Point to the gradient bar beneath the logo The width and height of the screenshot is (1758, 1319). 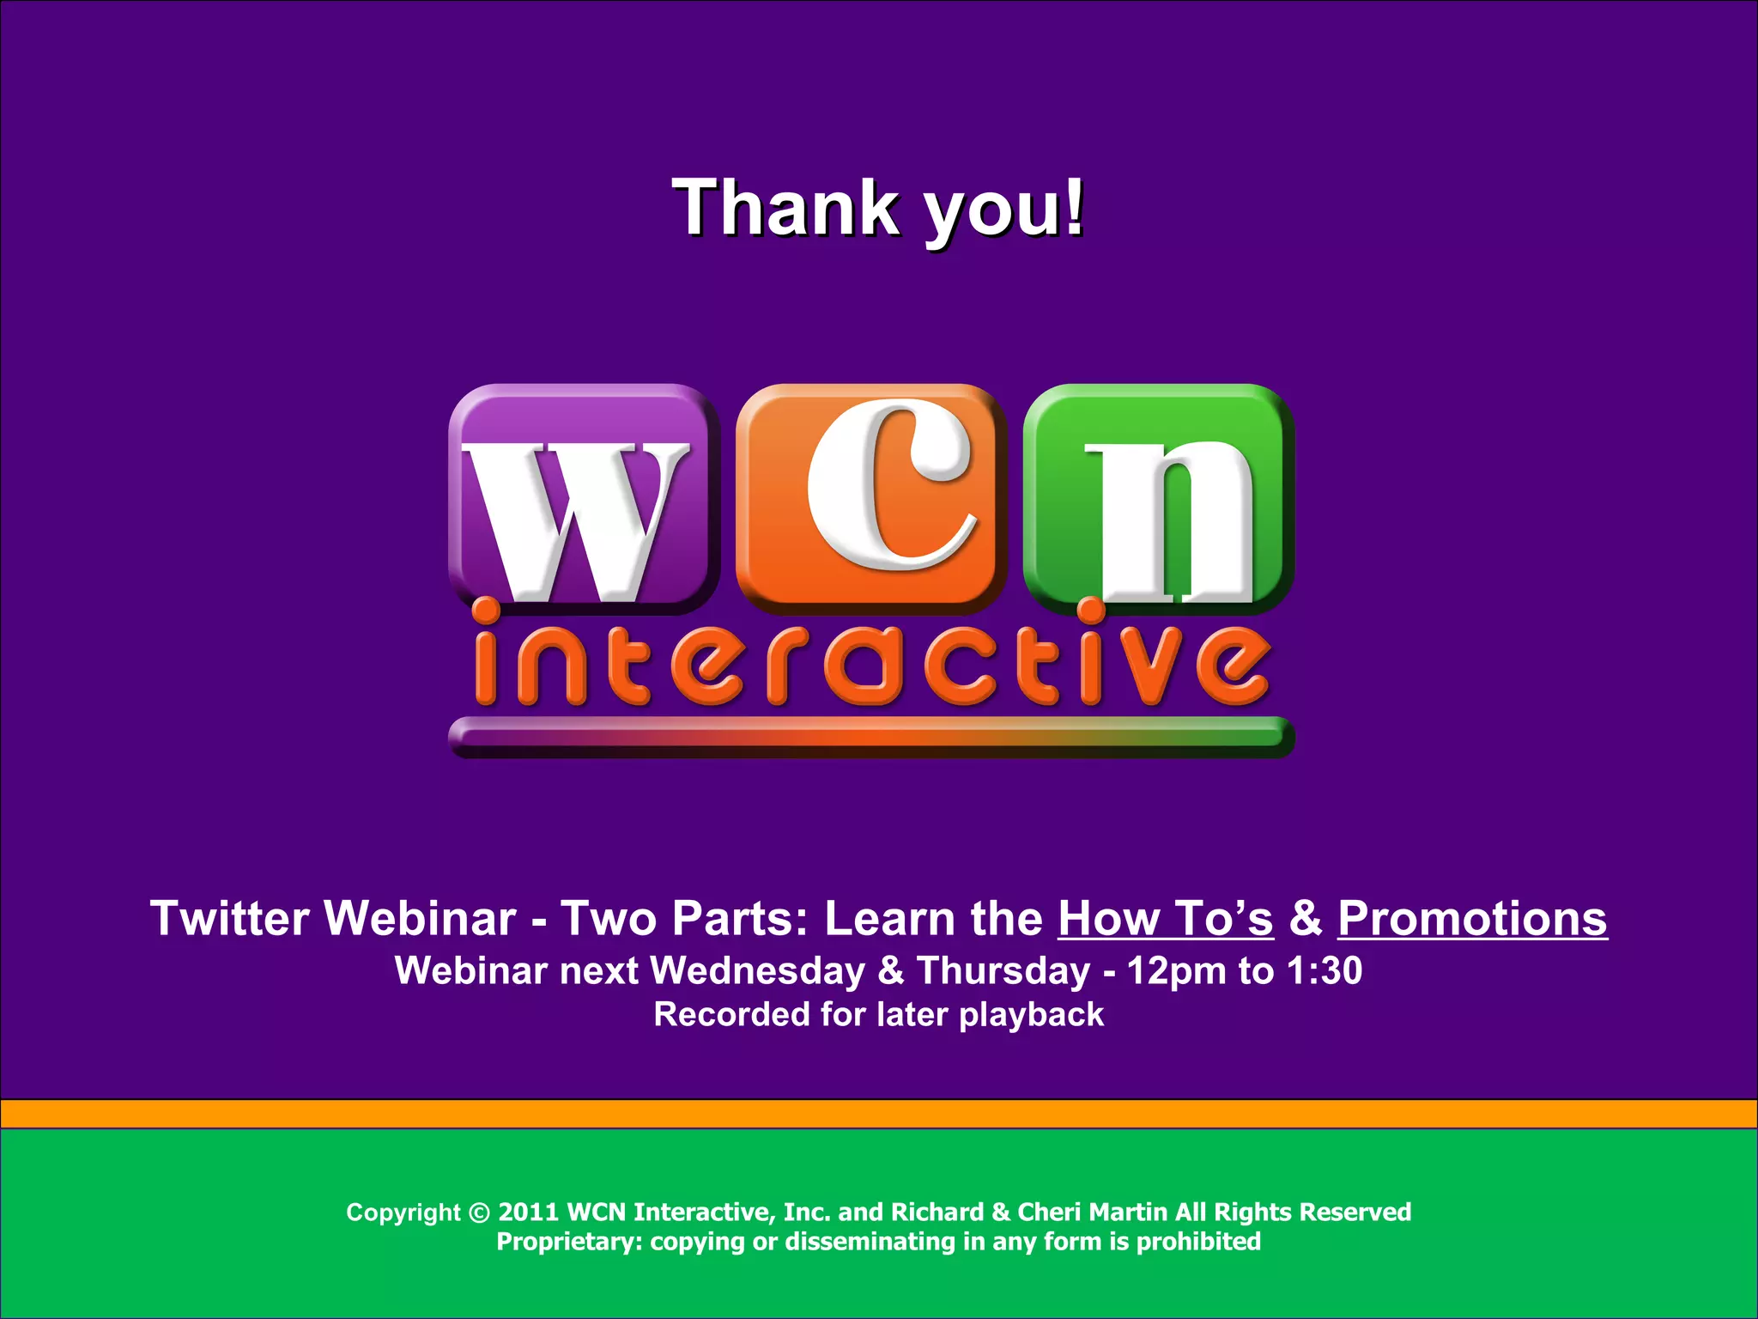[870, 737]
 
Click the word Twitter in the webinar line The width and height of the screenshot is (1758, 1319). [230, 919]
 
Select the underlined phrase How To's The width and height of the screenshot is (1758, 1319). [1165, 919]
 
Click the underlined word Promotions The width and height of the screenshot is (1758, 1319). [1471, 919]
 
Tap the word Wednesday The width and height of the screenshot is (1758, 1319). [757, 971]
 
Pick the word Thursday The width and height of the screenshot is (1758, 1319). [1003, 971]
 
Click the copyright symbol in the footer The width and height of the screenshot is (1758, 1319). [479, 1213]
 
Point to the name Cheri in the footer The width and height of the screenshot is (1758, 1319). [1048, 1213]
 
